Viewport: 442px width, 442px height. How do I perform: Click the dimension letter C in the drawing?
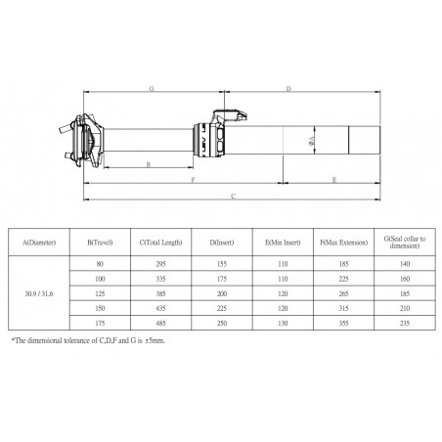(x=233, y=196)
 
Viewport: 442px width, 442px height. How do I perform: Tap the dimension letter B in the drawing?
(x=147, y=164)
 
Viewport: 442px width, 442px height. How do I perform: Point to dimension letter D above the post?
(x=287, y=89)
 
